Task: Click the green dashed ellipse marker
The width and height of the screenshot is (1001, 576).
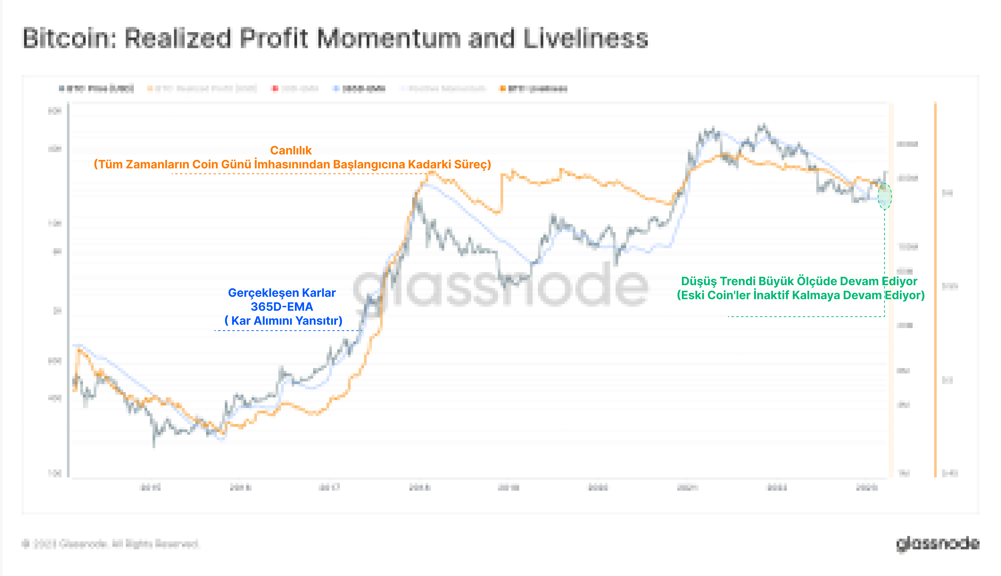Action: [885, 196]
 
